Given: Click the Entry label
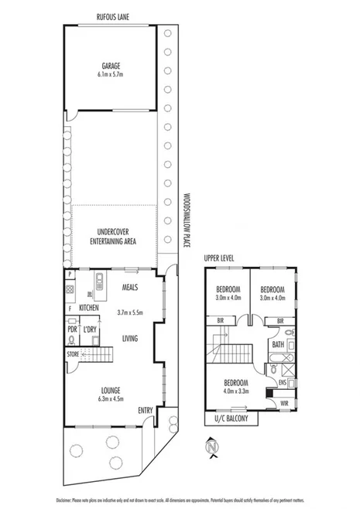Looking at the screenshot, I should (x=145, y=410).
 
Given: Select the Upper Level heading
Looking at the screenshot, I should (x=219, y=258).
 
